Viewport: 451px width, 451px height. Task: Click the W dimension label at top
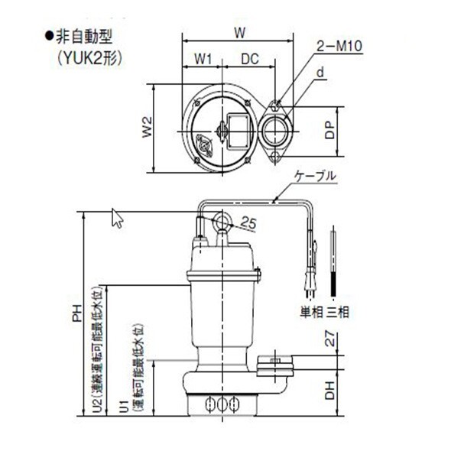(x=239, y=33)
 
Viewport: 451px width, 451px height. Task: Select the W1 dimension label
(x=203, y=59)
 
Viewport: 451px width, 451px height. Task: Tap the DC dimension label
(x=250, y=59)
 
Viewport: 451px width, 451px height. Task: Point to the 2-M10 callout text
(x=339, y=46)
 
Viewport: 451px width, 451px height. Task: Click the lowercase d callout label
(x=320, y=72)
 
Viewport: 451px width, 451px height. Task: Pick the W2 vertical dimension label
(x=148, y=127)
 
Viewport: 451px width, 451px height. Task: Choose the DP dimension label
(x=330, y=130)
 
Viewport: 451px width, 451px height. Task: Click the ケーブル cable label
(x=315, y=176)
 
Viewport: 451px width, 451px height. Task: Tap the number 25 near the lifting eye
(x=248, y=222)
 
